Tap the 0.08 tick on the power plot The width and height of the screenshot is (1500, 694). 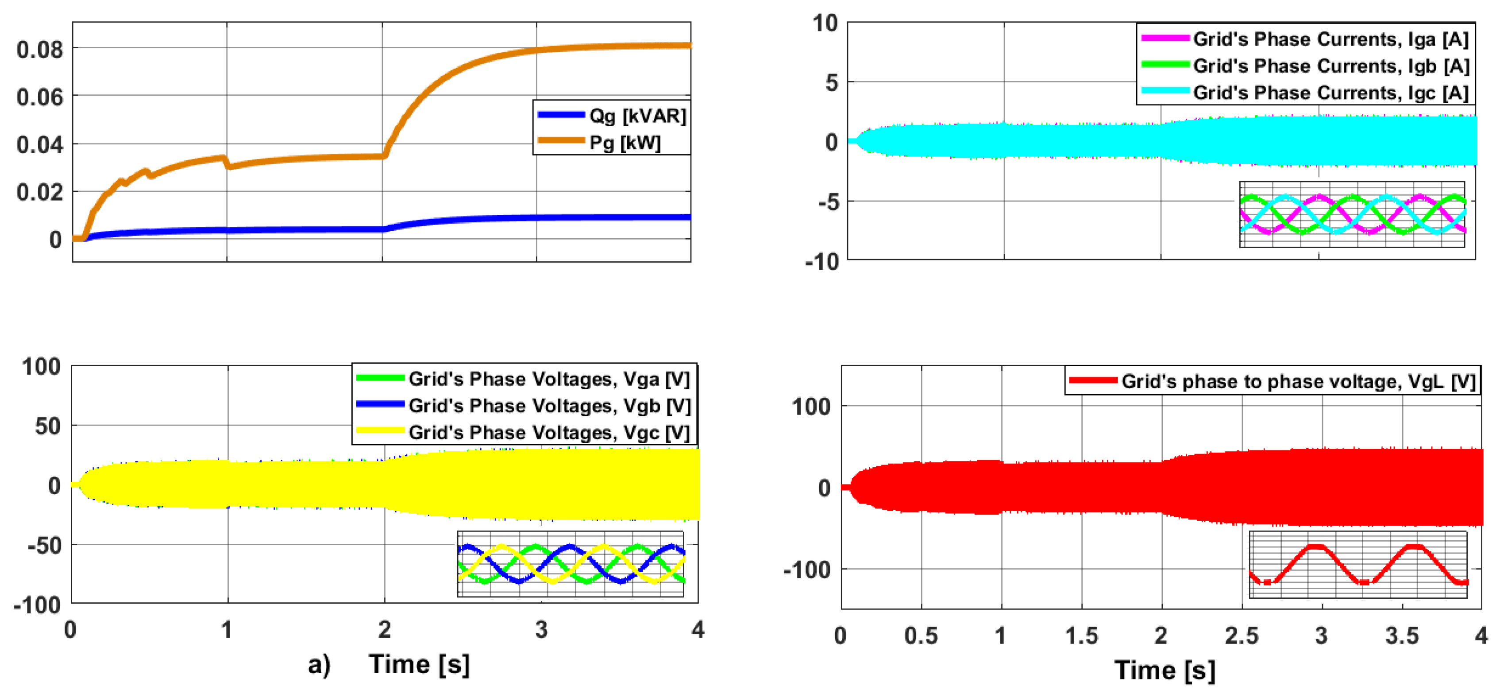pos(39,50)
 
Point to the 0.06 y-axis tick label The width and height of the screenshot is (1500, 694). pos(39,97)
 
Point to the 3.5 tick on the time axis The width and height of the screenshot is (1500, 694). pos(1402,636)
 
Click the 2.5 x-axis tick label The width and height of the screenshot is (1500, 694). pos(1242,636)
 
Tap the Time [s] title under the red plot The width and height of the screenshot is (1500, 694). pos(1165,670)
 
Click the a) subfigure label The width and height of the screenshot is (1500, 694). pos(319,664)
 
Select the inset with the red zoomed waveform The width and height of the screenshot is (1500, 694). pos(1358,564)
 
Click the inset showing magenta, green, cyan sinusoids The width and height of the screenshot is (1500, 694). pos(1352,214)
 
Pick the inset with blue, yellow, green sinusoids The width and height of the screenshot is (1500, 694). pos(571,563)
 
